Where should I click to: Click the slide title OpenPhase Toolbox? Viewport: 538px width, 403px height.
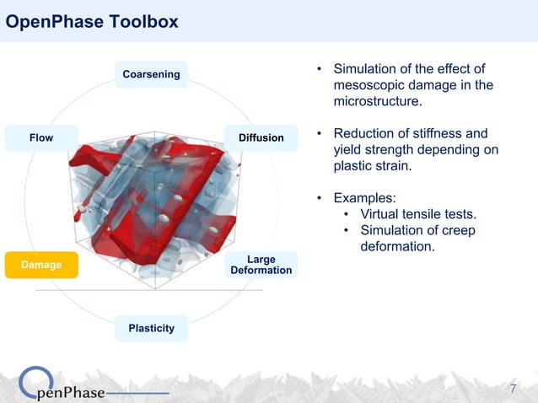92,23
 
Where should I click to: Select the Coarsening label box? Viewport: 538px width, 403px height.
151,74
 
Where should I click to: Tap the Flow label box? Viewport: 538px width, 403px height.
41,137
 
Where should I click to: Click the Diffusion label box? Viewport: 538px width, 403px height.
261,137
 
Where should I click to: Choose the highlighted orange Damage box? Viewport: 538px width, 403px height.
41,265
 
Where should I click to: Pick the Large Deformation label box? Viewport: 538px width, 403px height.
261,265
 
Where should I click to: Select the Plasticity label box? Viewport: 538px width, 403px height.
151,328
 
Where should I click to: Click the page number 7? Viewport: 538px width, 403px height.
514,389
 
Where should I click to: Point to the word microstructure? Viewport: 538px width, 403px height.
377,102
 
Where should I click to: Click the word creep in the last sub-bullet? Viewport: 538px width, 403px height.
458,230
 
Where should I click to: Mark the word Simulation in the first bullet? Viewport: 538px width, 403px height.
365,69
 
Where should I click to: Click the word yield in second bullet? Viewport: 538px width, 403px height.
350,150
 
